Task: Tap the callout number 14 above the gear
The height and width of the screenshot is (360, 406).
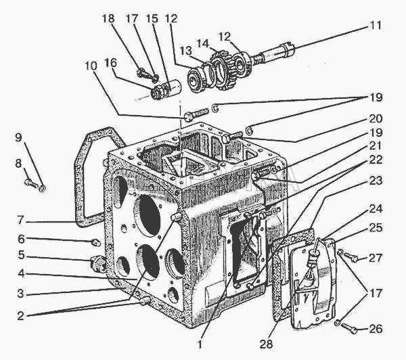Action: [x=203, y=43]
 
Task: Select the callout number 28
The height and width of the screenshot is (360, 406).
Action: [x=266, y=344]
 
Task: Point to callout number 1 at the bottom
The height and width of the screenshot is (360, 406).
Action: [x=200, y=344]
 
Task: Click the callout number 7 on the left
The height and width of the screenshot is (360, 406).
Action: [x=20, y=221]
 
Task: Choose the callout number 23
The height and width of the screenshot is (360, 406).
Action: [x=376, y=181]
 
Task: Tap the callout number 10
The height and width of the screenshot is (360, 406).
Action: [x=91, y=66]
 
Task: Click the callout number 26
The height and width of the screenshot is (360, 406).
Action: [x=376, y=329]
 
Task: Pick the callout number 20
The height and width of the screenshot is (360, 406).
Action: [x=376, y=118]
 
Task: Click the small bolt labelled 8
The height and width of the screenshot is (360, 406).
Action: [x=31, y=183]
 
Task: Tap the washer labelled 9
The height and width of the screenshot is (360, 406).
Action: [x=42, y=188]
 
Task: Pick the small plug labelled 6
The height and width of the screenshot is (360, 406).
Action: [x=96, y=243]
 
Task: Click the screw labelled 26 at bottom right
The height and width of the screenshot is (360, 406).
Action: [x=350, y=328]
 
